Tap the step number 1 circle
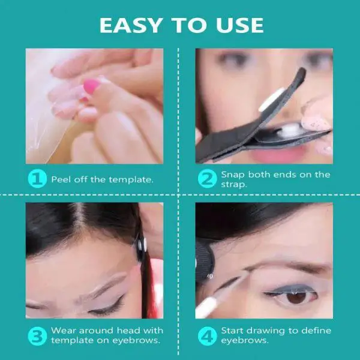coord(37,179)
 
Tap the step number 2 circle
coord(208,179)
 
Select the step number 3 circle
coord(37,335)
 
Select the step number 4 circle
coord(208,335)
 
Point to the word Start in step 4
coord(234,330)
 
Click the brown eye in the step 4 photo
coord(296,296)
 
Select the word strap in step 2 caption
coord(235,184)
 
